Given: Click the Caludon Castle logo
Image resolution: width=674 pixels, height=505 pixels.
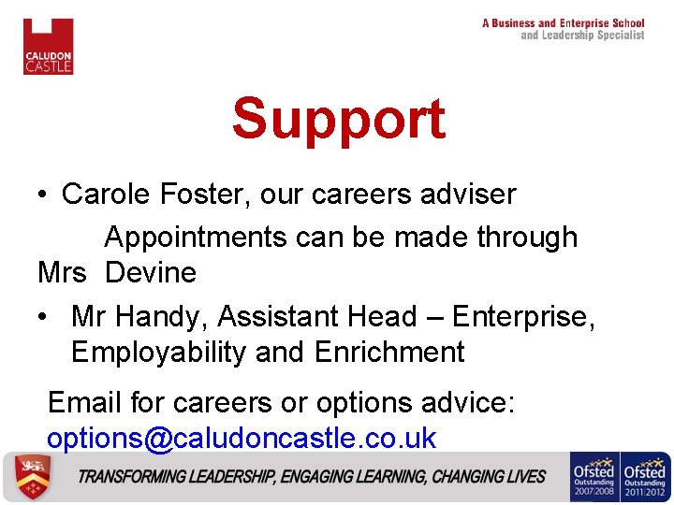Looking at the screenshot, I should (x=48, y=46).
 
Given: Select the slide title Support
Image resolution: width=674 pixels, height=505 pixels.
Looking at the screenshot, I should (x=338, y=119).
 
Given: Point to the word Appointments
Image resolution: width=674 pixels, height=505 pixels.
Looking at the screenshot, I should (x=196, y=238).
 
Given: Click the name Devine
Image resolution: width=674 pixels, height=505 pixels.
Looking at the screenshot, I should (x=151, y=273).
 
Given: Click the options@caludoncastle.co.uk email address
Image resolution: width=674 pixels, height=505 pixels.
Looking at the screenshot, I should (x=242, y=438).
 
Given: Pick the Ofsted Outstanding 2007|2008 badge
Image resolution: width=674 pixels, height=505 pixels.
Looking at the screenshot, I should (x=594, y=477).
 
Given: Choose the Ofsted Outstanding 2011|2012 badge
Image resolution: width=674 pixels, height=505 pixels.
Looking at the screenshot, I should (x=646, y=477).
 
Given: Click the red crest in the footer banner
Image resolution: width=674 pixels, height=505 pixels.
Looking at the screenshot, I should (x=28, y=477).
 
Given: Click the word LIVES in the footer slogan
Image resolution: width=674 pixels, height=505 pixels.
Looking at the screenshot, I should (x=526, y=477).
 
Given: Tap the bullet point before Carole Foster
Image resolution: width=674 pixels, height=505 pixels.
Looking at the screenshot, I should (x=42, y=195).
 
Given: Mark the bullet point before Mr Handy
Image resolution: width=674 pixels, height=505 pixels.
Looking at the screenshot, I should (x=42, y=318).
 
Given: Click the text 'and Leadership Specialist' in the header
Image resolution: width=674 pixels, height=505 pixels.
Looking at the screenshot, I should (x=582, y=36).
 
